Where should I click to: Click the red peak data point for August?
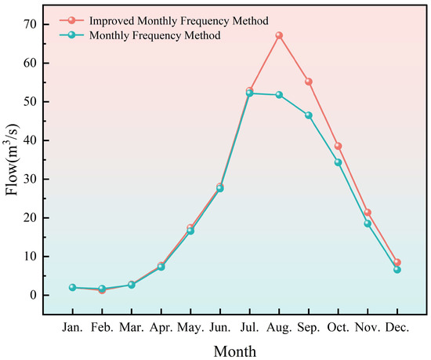click(x=279, y=35)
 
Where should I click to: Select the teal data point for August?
click(x=279, y=95)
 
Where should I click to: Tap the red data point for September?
click(x=309, y=82)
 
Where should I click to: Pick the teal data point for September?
click(x=309, y=115)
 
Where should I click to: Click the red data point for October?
click(x=339, y=146)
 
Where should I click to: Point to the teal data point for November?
click(x=368, y=224)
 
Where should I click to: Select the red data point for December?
click(x=397, y=263)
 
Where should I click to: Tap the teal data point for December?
click(x=397, y=270)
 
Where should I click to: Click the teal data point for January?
click(x=72, y=288)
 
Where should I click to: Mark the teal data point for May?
click(x=190, y=231)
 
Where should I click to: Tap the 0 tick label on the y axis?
click(x=35, y=295)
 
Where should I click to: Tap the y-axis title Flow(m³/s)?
click(x=13, y=160)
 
